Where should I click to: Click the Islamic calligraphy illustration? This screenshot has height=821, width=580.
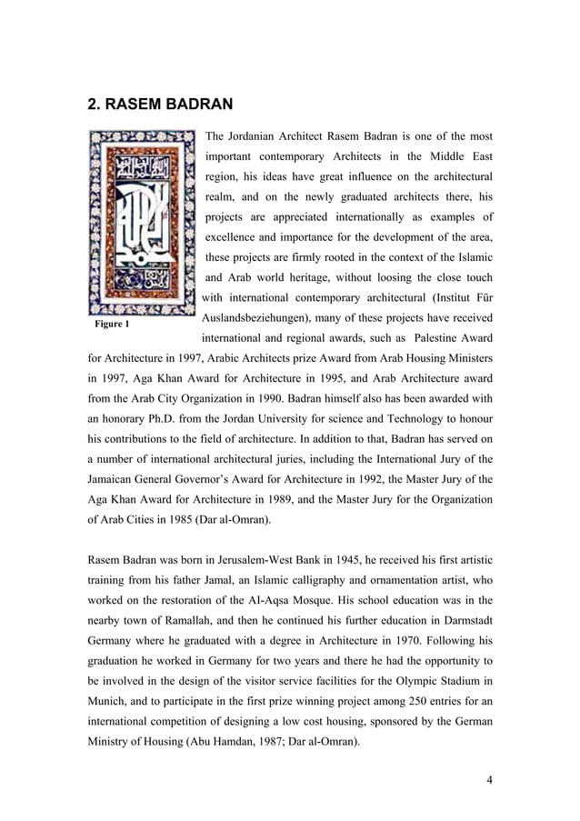(141, 221)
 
